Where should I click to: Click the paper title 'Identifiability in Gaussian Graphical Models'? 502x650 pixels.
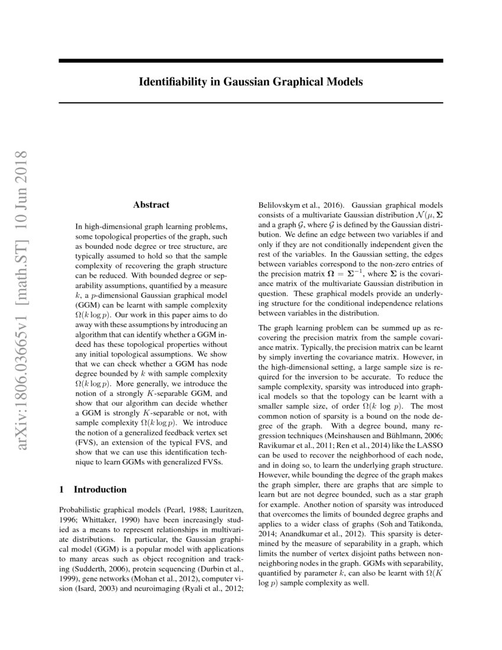pyautogui.click(x=251, y=81)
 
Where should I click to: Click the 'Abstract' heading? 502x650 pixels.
pyautogui.click(x=151, y=204)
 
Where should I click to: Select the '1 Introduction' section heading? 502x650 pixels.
pyautogui.click(x=93, y=489)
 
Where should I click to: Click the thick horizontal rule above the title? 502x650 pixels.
pyautogui.click(x=251, y=60)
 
